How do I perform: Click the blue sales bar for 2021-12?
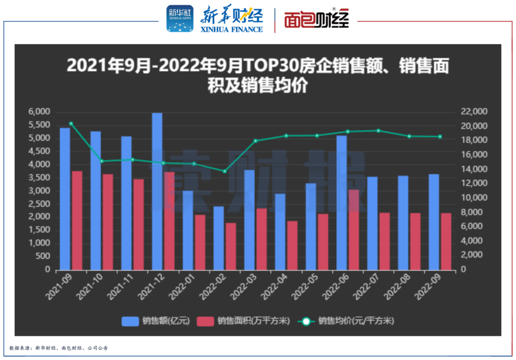[x=157, y=191]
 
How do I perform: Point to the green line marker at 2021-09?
[x=71, y=124]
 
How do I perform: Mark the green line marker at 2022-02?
[x=225, y=171]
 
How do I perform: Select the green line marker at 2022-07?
[x=378, y=131]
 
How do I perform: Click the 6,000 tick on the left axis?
[x=40, y=112]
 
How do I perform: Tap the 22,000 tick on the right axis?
[x=473, y=112]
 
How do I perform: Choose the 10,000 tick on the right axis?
[x=473, y=198]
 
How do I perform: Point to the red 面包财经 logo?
[x=316, y=20]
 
